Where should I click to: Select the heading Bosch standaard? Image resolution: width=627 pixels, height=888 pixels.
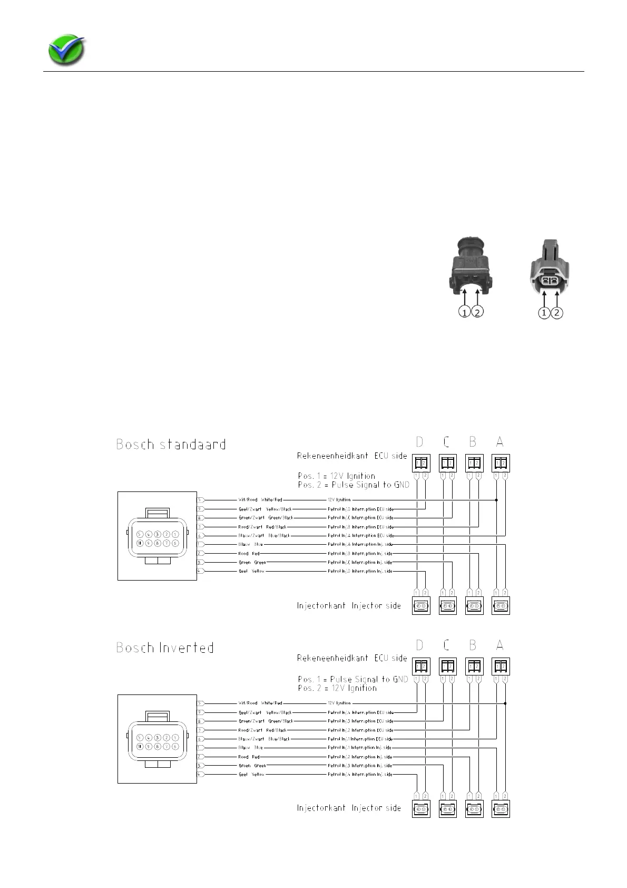click(x=171, y=445)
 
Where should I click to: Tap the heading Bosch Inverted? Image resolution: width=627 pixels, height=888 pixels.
click(x=165, y=648)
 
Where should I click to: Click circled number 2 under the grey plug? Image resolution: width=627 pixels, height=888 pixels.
click(x=557, y=313)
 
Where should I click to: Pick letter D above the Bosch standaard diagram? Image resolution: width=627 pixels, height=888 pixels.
click(x=419, y=442)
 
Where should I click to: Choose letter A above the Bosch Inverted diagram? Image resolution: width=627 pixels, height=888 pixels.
click(x=499, y=645)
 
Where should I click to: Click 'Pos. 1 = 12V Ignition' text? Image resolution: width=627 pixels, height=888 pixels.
click(x=337, y=476)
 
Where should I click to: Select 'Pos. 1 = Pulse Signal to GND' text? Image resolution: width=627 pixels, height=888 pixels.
click(x=353, y=679)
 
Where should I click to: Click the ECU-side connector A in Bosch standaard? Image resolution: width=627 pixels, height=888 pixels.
click(x=501, y=463)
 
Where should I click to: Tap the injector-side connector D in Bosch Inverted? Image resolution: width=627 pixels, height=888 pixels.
click(x=421, y=808)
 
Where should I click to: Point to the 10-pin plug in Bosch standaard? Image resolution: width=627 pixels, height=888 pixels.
click(x=157, y=536)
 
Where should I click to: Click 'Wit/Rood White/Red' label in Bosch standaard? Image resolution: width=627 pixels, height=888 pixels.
click(x=260, y=499)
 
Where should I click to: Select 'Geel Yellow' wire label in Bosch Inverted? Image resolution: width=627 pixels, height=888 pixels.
click(x=251, y=774)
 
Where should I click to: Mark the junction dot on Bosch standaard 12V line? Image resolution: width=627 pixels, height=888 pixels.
click(x=496, y=499)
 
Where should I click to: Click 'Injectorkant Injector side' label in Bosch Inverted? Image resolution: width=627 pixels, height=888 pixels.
click(x=349, y=808)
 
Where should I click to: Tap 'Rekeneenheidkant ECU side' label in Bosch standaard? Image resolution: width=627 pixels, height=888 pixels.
click(x=352, y=456)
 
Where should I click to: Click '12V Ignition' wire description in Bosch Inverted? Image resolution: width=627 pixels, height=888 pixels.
click(x=339, y=703)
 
